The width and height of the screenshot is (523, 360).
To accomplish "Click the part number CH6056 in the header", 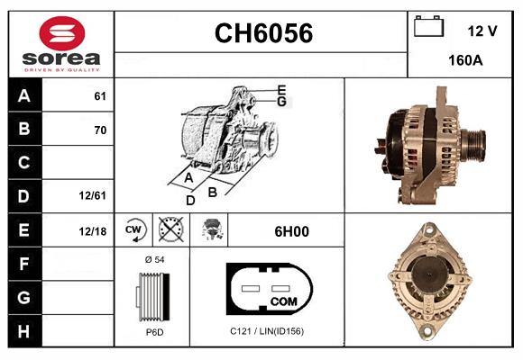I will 262,34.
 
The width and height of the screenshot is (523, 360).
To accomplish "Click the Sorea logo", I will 62,45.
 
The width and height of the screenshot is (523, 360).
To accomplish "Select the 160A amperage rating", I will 465,62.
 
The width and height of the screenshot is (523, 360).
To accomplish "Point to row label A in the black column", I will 24,95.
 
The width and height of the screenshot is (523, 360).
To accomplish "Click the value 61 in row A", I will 100,96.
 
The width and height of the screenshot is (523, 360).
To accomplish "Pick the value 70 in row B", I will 100,130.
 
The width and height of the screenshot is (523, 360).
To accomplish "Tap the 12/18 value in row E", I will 93,230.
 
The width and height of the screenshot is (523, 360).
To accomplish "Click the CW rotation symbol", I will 135,230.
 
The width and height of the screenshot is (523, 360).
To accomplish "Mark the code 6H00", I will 291,231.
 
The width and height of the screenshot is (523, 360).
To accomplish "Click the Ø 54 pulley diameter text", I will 153,260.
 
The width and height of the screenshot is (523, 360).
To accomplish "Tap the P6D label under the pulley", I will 153,332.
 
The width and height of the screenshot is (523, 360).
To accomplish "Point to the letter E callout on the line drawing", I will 281,90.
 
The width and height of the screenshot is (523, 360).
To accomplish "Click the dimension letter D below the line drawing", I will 190,200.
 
